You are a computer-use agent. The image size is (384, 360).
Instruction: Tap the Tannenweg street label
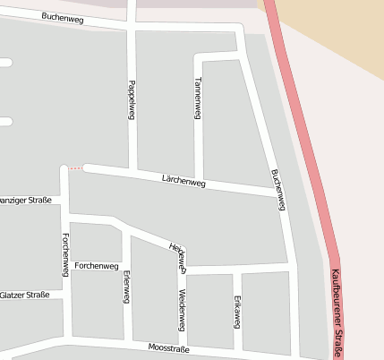(197, 98)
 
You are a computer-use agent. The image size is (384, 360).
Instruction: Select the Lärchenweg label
(184, 182)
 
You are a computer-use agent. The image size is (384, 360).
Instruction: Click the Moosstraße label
(169, 348)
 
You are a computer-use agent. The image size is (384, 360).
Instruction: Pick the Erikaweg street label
(237, 310)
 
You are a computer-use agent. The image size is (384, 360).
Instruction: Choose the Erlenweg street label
(126, 287)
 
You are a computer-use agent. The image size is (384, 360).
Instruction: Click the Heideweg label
(176, 256)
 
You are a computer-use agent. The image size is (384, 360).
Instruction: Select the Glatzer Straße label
(24, 295)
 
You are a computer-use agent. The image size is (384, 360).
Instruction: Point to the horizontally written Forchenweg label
(98, 267)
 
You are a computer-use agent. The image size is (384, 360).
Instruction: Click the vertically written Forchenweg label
(66, 254)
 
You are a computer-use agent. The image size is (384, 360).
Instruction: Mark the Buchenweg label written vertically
(277, 189)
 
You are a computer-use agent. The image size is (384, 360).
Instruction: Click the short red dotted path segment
(76, 168)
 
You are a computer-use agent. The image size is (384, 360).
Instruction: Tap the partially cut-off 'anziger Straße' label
(24, 200)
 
